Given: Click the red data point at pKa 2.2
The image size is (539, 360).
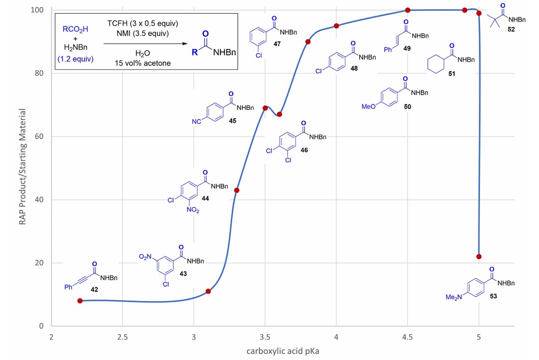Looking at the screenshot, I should pyautogui.click(x=80, y=301).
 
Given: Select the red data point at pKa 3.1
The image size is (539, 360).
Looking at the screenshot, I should pyautogui.click(x=208, y=291).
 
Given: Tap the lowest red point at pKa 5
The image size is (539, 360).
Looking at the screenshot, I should pyautogui.click(x=479, y=256).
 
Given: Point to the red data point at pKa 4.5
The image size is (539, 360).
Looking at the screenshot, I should pyautogui.click(x=408, y=10).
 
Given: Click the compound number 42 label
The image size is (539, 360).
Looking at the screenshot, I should pyautogui.click(x=94, y=289).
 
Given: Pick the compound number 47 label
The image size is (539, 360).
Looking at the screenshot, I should pyautogui.click(x=277, y=45).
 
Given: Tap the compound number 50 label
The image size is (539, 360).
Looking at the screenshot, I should pyautogui.click(x=407, y=107).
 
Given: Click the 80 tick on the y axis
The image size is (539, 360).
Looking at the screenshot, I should pyautogui.click(x=40, y=73).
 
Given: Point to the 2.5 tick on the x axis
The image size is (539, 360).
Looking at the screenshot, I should pyautogui.click(x=122, y=337).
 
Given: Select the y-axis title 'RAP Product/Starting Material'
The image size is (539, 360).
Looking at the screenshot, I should pyautogui.click(x=24, y=168).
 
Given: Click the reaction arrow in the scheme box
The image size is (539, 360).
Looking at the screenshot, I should pyautogui.click(x=146, y=44).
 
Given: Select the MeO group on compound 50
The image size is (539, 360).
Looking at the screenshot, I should pyautogui.click(x=368, y=107).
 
